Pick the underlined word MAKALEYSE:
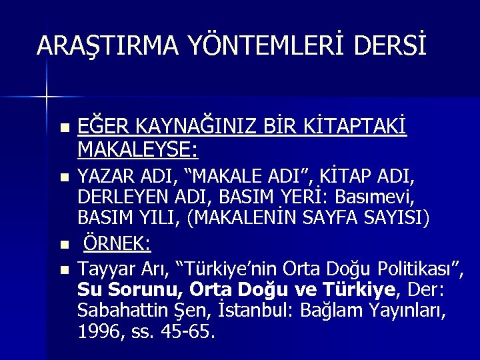pyautogui.click(x=137, y=149)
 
